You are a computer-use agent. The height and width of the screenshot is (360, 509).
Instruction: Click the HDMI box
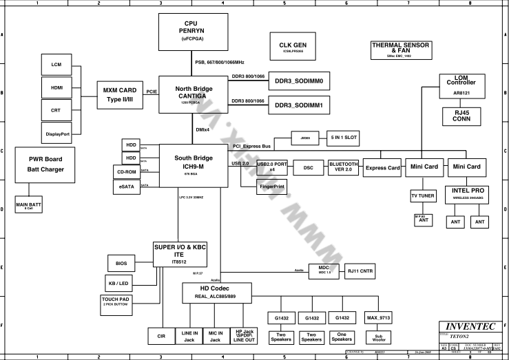click(56, 88)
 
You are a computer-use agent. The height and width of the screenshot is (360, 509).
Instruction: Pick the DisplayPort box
click(56, 132)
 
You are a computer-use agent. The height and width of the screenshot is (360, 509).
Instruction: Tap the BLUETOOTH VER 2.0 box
click(343, 167)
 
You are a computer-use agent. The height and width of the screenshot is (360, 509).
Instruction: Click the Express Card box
click(382, 167)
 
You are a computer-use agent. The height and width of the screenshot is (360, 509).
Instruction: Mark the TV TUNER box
click(422, 196)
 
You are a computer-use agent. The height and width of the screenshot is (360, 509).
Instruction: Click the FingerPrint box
click(273, 187)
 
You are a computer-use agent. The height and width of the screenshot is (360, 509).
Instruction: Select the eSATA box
click(126, 186)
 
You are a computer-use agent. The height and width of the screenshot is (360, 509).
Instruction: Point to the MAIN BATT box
click(30, 204)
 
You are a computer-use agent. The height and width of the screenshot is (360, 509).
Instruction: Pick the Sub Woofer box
click(378, 337)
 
